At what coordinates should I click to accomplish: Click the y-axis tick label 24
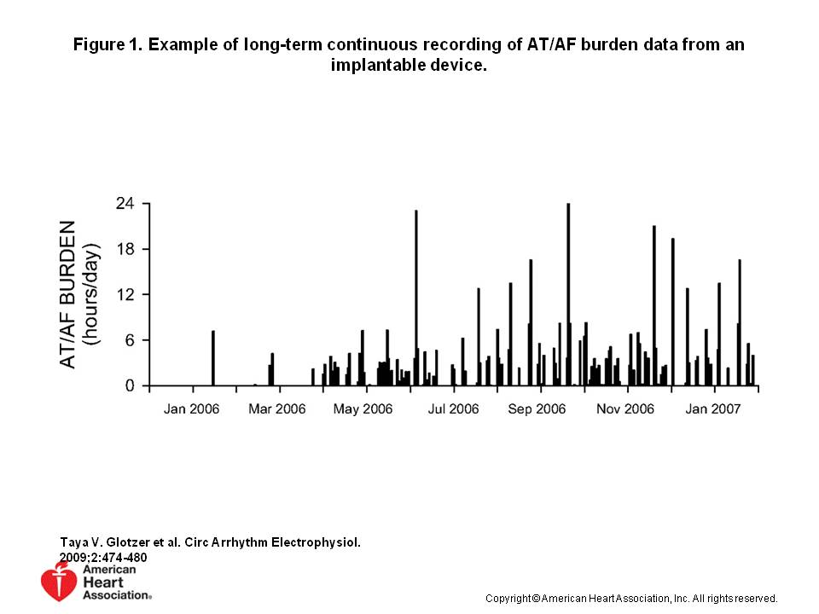click(x=125, y=204)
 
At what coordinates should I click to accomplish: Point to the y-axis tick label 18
click(x=125, y=249)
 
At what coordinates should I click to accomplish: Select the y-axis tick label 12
click(x=125, y=294)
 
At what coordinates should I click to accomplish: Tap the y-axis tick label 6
click(x=131, y=339)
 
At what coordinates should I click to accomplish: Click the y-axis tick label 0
click(x=131, y=385)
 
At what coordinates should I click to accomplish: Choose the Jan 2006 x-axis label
click(x=191, y=409)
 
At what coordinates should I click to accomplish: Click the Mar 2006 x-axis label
click(x=277, y=409)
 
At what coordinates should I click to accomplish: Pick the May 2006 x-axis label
click(x=363, y=409)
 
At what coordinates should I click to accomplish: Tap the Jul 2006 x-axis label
click(x=453, y=409)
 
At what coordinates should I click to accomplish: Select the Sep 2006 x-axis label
click(x=537, y=409)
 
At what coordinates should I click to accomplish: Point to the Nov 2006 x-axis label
click(x=625, y=409)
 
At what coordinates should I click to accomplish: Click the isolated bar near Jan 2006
click(x=212, y=358)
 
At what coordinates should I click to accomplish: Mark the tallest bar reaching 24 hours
click(x=568, y=294)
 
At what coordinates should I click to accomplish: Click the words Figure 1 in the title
click(x=108, y=44)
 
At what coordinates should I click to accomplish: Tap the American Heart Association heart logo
click(x=58, y=582)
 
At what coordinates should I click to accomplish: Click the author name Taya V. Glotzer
click(x=113, y=542)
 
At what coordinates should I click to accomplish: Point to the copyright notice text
click(x=631, y=598)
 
